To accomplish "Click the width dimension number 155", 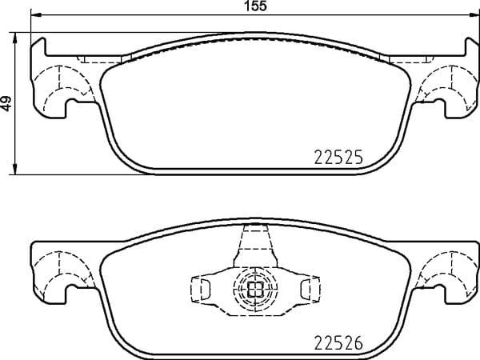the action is click(x=256, y=6).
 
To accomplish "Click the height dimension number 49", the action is click(x=6, y=103).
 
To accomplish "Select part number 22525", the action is click(x=338, y=157).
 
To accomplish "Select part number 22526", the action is click(x=338, y=342).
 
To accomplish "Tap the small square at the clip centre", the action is click(x=255, y=289).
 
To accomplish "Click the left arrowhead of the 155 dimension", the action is click(x=36, y=14).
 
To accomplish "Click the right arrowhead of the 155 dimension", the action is click(x=474, y=14).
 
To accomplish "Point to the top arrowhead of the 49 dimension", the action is click(x=14, y=38).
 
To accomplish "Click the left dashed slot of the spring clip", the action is click(x=206, y=289).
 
